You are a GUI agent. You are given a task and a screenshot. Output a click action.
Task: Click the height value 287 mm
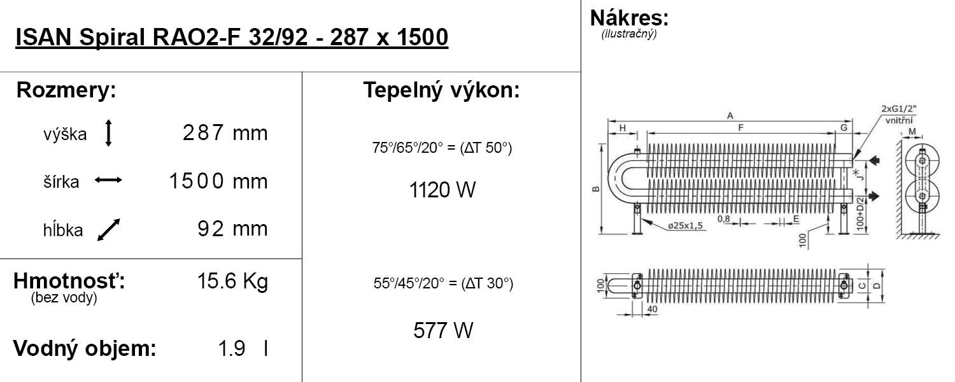point(225,133)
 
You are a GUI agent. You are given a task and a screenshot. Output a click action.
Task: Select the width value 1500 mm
point(218,181)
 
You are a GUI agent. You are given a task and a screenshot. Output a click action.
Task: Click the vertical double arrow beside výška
point(108,134)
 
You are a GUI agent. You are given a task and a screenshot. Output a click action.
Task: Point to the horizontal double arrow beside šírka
point(108,181)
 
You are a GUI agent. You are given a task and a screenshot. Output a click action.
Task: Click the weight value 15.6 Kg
point(232,281)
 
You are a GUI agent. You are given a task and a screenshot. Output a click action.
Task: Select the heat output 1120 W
point(442,190)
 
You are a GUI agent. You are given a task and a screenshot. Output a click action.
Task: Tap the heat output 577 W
point(443,330)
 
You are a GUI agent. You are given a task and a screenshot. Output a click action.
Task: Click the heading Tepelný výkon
point(441,90)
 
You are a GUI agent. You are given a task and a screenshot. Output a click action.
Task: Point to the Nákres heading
point(629,17)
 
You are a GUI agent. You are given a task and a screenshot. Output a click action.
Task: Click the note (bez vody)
point(64,298)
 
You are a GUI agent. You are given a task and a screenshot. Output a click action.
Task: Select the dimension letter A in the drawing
point(730,115)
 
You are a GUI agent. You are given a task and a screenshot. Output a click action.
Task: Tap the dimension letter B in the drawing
point(595,189)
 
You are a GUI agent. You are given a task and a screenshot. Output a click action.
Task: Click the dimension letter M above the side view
point(912,132)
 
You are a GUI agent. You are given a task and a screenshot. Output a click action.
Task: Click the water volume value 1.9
point(232,349)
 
